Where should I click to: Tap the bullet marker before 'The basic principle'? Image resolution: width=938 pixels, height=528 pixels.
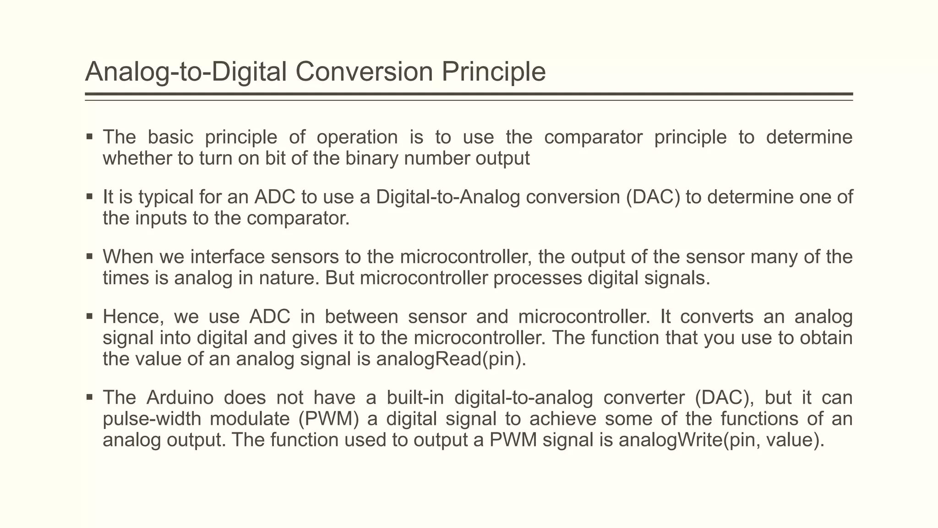90,137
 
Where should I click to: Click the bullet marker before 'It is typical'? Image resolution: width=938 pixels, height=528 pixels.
90,197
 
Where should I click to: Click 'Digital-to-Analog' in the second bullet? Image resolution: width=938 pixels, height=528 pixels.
448,197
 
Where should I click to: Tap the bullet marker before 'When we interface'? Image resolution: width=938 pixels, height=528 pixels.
90,257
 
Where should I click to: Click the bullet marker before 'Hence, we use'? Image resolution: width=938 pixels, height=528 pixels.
90,316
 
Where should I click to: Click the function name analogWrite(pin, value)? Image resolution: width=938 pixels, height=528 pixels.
721,440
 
